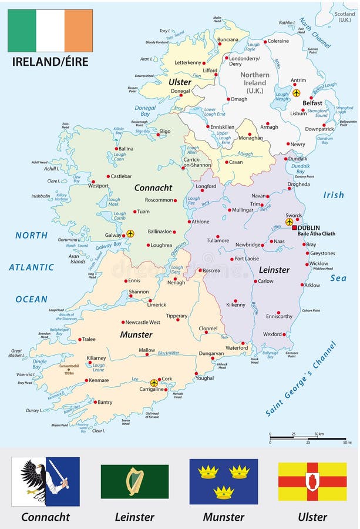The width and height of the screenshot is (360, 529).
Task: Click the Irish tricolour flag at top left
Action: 50,31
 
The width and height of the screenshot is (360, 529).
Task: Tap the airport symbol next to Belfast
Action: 296,93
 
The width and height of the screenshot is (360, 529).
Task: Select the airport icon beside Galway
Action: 130,233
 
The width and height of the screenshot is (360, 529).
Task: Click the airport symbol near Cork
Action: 154,383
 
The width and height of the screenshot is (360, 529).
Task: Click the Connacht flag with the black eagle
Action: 46,481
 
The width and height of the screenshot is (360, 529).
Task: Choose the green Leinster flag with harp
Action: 134,481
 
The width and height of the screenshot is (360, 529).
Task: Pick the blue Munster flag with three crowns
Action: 223,481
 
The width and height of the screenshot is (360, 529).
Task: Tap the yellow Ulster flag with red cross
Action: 312,481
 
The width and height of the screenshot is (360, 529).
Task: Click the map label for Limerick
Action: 157,305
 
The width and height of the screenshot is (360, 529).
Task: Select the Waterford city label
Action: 237,348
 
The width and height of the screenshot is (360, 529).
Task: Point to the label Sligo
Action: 165,132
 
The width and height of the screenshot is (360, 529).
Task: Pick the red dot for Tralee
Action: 80,339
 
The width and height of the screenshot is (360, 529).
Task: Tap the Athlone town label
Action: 199,222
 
